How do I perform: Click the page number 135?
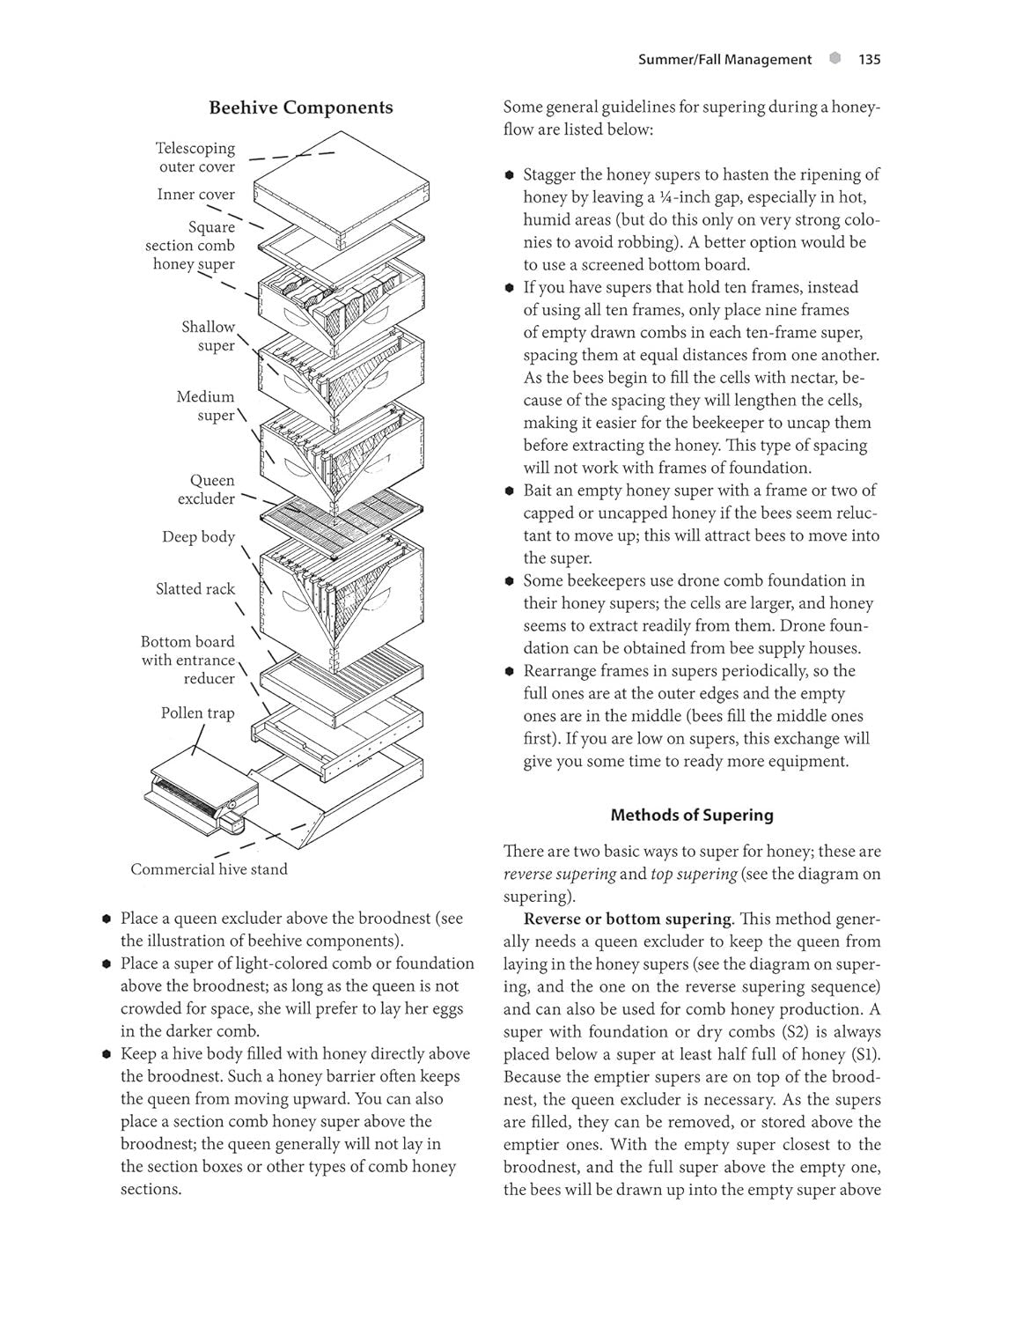(868, 60)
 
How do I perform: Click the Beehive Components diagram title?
(300, 107)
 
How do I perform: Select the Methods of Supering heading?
(691, 815)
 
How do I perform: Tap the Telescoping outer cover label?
(195, 158)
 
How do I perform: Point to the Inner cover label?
(195, 195)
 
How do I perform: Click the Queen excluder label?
(207, 490)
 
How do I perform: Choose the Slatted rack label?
(195, 589)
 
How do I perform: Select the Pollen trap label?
(197, 713)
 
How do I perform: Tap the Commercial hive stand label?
(209, 869)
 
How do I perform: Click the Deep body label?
(198, 537)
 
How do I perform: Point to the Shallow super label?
(209, 336)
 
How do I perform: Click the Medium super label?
(206, 406)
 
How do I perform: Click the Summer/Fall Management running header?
(724, 60)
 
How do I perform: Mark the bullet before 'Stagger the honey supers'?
(509, 175)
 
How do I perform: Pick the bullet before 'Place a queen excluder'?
(106, 919)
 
